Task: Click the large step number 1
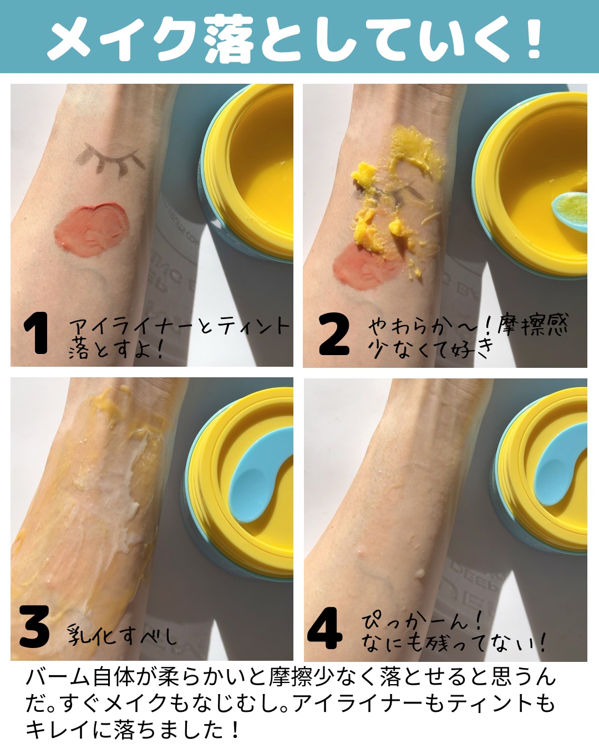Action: coord(36,333)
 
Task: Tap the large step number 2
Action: coord(334,333)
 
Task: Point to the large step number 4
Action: coord(324,628)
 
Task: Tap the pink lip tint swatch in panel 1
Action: coord(92,229)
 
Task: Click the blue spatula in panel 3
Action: coord(260,475)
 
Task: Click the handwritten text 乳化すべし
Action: coord(122,635)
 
